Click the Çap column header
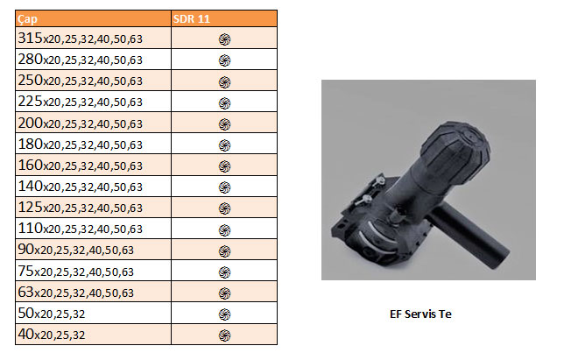pyautogui.click(x=27, y=19)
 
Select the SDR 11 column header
pyautogui.click(x=192, y=19)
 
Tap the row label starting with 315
pyautogui.click(x=80, y=39)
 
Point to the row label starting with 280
pyautogui.click(x=80, y=60)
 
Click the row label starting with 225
pyautogui.click(x=80, y=102)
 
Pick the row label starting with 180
pyautogui.click(x=80, y=145)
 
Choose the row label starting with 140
pyautogui.click(x=80, y=187)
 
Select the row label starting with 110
pyautogui.click(x=80, y=229)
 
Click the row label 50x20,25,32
pyautogui.click(x=52, y=314)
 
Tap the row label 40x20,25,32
pyautogui.click(x=52, y=335)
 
